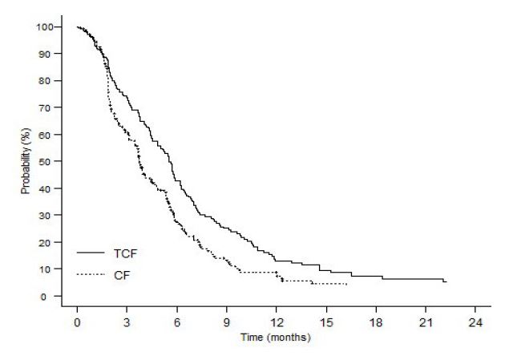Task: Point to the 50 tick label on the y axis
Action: point(52,162)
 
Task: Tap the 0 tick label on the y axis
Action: point(55,296)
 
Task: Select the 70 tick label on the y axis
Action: point(52,108)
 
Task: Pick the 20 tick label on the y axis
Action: point(52,242)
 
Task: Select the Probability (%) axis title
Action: point(26,162)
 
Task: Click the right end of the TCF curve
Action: point(446,282)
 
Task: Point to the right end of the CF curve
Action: point(346,284)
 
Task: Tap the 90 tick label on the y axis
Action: point(52,55)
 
